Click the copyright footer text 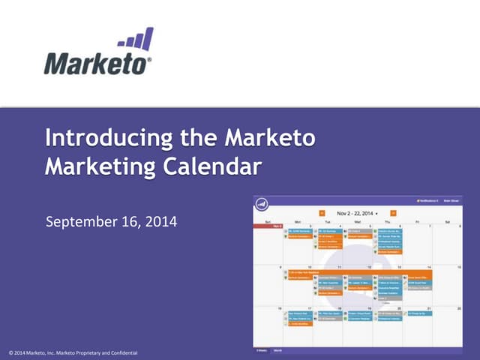[73, 352]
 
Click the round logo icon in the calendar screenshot [262, 203]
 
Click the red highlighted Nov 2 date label [277, 226]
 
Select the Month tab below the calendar [278, 349]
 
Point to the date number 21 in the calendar [428, 308]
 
